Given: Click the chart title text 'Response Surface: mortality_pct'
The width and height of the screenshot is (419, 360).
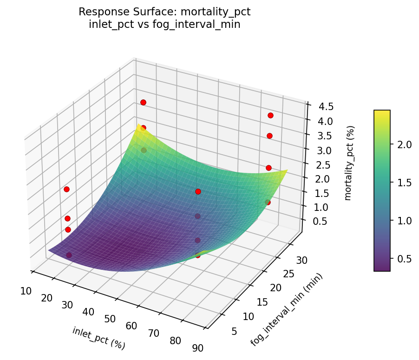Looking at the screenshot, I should click(164, 12).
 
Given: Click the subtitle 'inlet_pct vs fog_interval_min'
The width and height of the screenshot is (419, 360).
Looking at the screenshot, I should click(164, 25).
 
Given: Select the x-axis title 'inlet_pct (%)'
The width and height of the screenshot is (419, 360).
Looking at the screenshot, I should click(98, 338).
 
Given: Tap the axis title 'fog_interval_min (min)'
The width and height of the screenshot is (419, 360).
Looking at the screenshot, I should click(286, 309).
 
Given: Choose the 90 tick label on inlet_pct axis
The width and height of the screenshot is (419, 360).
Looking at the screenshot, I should click(197, 348).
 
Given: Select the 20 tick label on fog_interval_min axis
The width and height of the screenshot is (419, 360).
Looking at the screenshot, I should click(276, 288).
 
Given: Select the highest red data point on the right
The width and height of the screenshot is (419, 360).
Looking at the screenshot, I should click(270, 115).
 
